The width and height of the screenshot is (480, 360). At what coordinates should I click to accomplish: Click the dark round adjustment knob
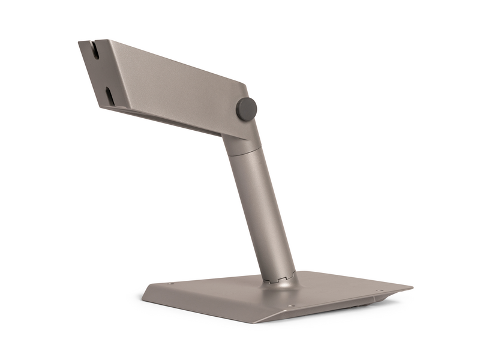point(246,109)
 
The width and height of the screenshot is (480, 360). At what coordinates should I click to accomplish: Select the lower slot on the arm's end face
point(109,95)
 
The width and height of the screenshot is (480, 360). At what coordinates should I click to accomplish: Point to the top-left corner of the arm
point(80,41)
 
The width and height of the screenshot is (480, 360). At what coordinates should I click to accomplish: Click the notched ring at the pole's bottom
point(278,278)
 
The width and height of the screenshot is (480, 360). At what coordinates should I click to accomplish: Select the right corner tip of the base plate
point(412,287)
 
